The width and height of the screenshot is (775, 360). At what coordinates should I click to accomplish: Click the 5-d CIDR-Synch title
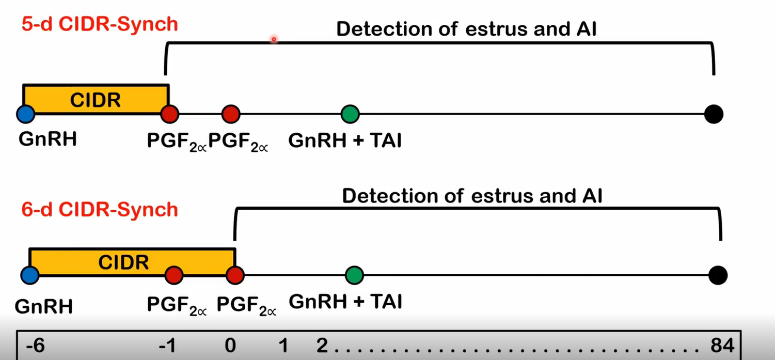100,24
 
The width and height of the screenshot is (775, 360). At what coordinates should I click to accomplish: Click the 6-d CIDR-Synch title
100,210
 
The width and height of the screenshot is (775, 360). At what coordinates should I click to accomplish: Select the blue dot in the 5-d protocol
25,114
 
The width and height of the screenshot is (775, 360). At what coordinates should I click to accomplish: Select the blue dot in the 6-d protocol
30,275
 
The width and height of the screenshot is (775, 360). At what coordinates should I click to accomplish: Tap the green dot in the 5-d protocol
350,114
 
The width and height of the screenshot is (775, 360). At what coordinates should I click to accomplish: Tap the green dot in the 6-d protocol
354,275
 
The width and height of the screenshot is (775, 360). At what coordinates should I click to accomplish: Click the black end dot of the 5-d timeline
714,114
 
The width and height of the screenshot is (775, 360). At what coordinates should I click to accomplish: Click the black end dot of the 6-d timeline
718,275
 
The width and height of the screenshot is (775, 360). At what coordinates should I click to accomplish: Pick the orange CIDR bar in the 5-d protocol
96,99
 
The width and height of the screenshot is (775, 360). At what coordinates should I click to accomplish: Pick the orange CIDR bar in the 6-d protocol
124,262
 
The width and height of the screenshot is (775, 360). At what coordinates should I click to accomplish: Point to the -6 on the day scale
35,346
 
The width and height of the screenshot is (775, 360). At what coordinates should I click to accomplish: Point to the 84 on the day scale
722,346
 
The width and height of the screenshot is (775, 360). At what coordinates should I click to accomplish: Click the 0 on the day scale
230,346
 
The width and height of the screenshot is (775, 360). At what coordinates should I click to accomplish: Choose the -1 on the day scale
168,346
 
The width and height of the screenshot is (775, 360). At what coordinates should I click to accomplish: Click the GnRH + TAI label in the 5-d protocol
345,140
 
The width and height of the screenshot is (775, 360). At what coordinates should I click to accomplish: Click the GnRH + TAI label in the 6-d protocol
345,302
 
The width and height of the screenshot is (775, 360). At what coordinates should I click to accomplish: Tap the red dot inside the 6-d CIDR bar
174,275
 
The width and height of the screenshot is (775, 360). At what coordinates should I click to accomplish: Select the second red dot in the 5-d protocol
231,114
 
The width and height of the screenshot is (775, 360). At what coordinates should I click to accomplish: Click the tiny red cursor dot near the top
274,39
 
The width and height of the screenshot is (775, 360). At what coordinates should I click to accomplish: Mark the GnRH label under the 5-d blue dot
48,139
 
